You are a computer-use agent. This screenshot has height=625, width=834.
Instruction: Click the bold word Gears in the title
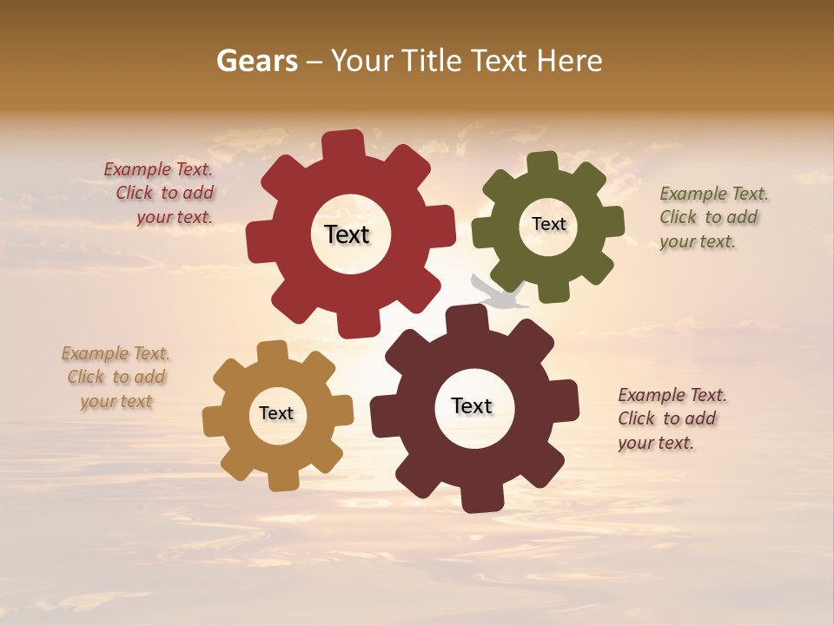(x=256, y=62)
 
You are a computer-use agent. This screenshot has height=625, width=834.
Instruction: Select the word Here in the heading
(x=570, y=62)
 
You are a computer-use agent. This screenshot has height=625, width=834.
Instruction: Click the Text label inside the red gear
(x=347, y=234)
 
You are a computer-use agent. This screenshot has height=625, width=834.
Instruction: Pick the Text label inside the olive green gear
(x=548, y=224)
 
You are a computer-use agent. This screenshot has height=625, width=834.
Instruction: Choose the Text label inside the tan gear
(x=276, y=413)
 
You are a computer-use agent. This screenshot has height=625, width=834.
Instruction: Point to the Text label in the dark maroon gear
(x=472, y=405)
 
